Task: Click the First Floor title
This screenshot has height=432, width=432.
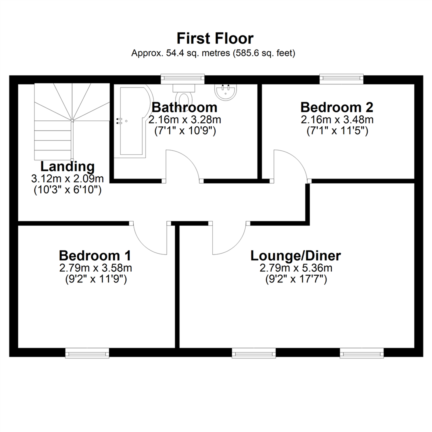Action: pyautogui.click(x=215, y=38)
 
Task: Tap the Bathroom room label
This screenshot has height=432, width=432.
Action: pyautogui.click(x=184, y=107)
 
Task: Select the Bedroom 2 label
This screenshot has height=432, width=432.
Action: pyautogui.click(x=337, y=107)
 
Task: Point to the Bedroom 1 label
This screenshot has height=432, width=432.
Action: pyautogui.click(x=95, y=256)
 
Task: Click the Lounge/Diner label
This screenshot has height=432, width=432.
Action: pyautogui.click(x=296, y=256)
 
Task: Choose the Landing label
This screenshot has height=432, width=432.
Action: pyautogui.click(x=68, y=166)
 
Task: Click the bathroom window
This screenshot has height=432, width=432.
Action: pyautogui.click(x=183, y=79)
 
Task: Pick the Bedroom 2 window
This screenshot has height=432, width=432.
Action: pyautogui.click(x=342, y=79)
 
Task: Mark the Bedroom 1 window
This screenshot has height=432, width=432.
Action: pyautogui.click(x=87, y=353)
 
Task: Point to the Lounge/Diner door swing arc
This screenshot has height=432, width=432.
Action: pyautogui.click(x=234, y=245)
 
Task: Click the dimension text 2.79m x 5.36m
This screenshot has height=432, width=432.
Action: pyautogui.click(x=296, y=268)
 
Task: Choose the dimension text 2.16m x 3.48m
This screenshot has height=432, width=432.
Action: pyautogui.click(x=337, y=120)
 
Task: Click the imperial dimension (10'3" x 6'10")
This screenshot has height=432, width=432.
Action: pyautogui.click(x=68, y=190)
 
